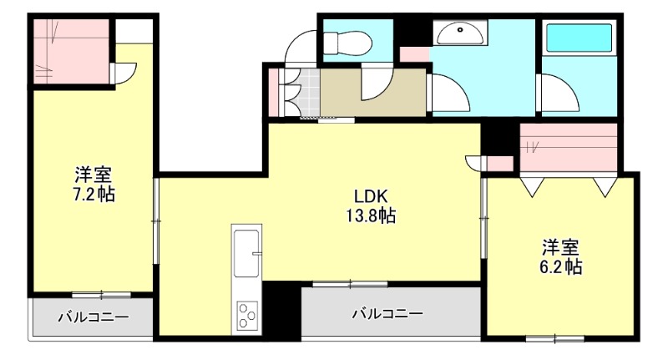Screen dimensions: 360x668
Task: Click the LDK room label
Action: (369, 197)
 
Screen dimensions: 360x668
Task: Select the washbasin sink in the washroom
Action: (458, 33)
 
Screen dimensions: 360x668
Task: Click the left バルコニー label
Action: (93, 317)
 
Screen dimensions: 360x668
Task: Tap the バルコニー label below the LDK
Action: (387, 314)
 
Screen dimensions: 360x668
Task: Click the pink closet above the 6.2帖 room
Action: (568, 147)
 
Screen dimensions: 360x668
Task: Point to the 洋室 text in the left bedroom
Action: (94, 175)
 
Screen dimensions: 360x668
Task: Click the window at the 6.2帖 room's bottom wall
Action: (554, 337)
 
